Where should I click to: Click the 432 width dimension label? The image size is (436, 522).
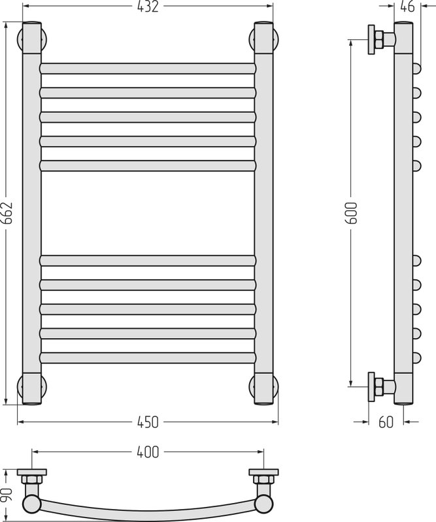tap(148, 7)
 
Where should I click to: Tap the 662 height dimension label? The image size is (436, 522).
tap(7, 213)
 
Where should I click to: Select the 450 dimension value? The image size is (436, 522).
tap(148, 422)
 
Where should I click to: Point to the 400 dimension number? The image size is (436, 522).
tap(148, 452)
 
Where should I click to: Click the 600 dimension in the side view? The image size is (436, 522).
tap(352, 213)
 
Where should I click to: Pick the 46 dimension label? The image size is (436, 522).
tap(407, 7)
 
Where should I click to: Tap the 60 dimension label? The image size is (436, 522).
tap(386, 422)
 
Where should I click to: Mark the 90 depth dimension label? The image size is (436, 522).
tap(7, 495)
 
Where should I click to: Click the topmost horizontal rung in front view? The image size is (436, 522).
tap(148, 69)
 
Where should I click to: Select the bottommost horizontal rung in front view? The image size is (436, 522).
tap(148, 358)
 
